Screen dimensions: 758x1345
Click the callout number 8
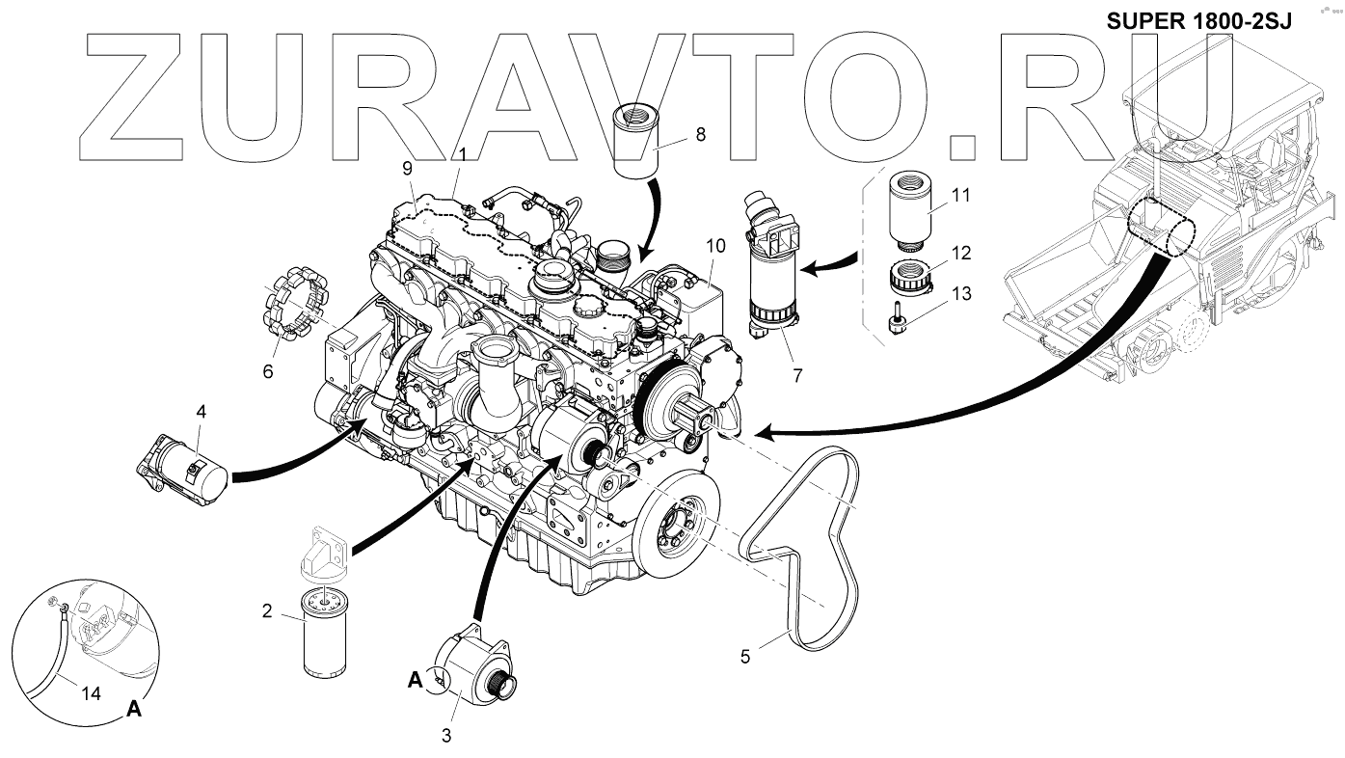click(700, 135)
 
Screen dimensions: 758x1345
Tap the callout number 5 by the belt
click(745, 657)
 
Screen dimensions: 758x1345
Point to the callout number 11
click(959, 194)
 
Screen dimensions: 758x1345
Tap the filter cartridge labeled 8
click(635, 146)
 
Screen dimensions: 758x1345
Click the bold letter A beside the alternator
click(415, 680)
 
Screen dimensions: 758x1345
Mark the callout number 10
click(714, 246)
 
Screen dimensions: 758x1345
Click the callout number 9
click(408, 167)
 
